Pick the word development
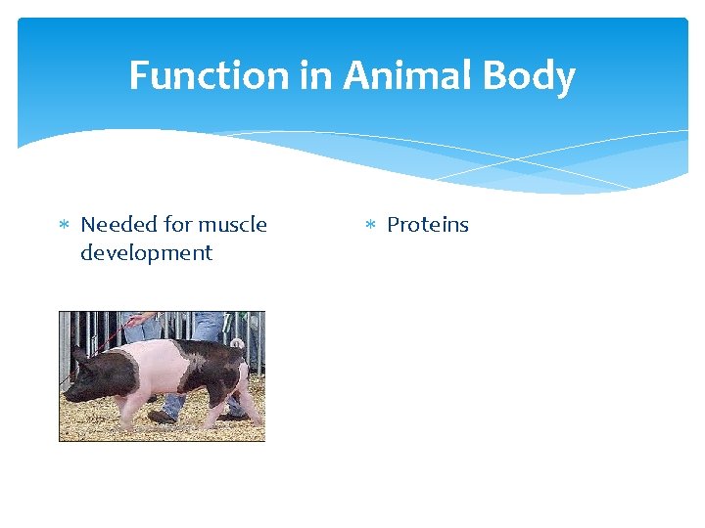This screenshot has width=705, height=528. pos(146,252)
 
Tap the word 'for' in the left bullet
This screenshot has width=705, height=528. pos(177,225)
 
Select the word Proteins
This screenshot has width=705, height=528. pos(428,225)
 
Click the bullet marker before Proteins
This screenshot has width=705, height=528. pos(370,226)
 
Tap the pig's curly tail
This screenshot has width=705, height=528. pos(238,343)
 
